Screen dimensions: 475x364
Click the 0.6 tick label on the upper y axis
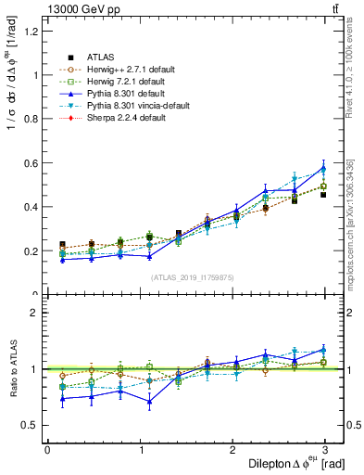[31, 163]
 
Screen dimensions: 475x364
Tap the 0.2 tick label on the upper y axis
[31, 251]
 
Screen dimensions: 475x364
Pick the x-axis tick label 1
[140, 450]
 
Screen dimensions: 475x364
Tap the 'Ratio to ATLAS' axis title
[11, 368]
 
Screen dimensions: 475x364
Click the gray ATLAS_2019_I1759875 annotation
[193, 276]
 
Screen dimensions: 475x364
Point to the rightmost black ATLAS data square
[323, 195]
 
